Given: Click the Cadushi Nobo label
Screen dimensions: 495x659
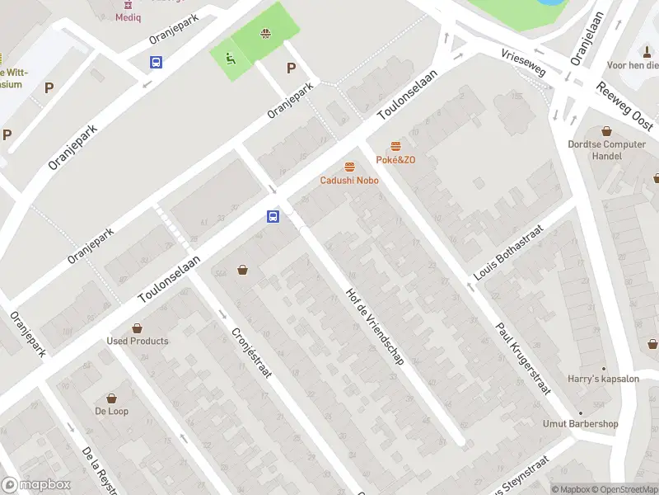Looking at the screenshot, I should pyautogui.click(x=349, y=180).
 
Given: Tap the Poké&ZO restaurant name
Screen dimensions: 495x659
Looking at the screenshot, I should pyautogui.click(x=395, y=159).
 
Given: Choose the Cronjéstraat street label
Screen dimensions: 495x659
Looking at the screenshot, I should pyautogui.click(x=251, y=353).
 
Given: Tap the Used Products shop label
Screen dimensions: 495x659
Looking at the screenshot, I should pyautogui.click(x=138, y=341).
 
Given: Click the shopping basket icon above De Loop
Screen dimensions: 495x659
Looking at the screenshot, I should pyautogui.click(x=111, y=398).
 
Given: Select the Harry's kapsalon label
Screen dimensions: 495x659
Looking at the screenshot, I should pyautogui.click(x=603, y=379).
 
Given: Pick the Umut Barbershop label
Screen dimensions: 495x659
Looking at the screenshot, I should pyautogui.click(x=580, y=424).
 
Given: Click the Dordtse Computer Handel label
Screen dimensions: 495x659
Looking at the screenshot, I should pyautogui.click(x=607, y=150).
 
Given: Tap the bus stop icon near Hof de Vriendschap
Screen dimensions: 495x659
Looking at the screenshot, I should pyautogui.click(x=272, y=217).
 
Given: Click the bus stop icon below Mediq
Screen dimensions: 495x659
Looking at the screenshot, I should pyautogui.click(x=156, y=62).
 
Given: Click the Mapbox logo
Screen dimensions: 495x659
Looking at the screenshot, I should pyautogui.click(x=35, y=485).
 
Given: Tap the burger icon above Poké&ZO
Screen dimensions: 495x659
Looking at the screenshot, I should pyautogui.click(x=395, y=145).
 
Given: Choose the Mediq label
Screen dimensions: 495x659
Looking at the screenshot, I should pyautogui.click(x=128, y=16).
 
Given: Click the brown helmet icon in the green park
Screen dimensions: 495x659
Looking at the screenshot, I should pyautogui.click(x=265, y=34).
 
